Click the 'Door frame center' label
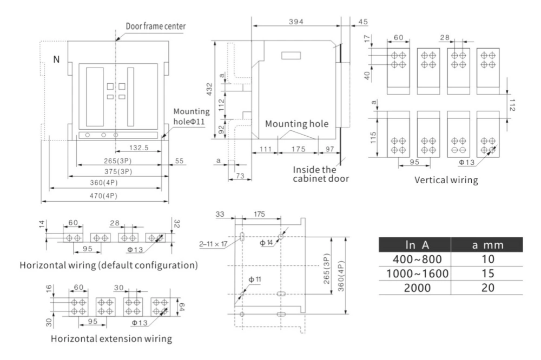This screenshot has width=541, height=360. click(156, 26)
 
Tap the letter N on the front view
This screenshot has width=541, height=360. click(56, 59)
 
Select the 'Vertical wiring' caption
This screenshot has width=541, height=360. click(446, 180)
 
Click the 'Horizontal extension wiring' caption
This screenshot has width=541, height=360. click(111, 339)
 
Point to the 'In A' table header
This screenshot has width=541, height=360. click(417, 245)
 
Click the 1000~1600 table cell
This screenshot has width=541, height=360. click(417, 273)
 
